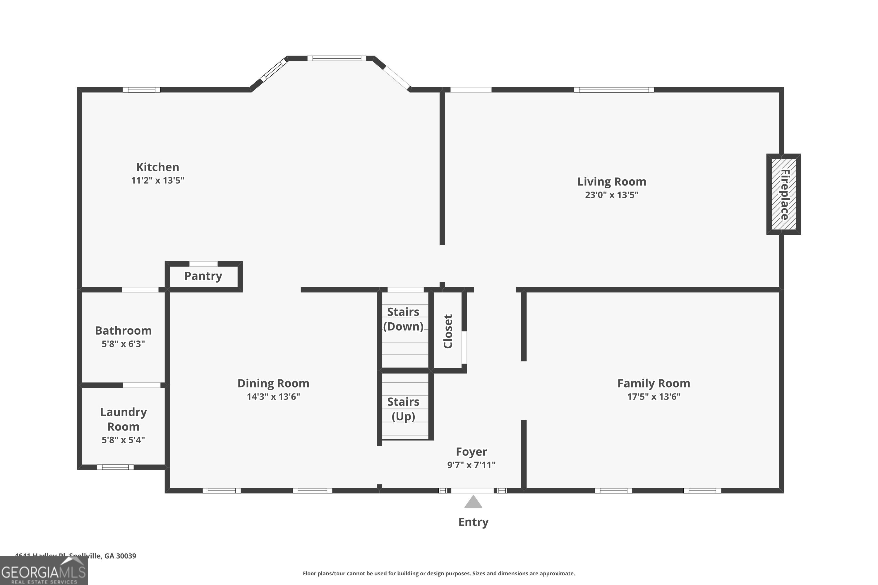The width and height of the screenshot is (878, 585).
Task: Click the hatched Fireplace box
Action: [x=783, y=194]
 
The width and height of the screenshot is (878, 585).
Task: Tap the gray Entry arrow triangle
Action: [x=473, y=502]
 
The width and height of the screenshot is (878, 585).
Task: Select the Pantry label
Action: [x=203, y=276]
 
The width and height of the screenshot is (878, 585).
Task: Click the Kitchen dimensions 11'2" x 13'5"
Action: [x=157, y=180]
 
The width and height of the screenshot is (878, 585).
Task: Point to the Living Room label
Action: [x=611, y=182]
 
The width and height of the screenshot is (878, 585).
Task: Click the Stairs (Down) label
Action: [x=403, y=319]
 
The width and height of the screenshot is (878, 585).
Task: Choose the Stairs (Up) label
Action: [x=403, y=409]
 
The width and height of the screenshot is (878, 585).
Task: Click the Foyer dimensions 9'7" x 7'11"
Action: [x=471, y=465]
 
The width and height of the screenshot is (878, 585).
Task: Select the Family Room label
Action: [x=653, y=383]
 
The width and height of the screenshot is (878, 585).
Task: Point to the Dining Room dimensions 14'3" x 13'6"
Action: [x=273, y=397]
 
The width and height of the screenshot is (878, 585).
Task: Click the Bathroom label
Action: [x=123, y=331]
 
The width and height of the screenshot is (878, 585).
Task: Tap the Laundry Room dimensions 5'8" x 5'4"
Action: [x=123, y=440]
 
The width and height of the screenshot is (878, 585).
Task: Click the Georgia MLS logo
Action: [x=44, y=571]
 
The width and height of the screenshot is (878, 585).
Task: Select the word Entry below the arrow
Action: [x=473, y=522]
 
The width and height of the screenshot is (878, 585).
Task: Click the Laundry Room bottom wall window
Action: [x=115, y=467]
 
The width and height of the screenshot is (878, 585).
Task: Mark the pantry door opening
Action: [x=203, y=264]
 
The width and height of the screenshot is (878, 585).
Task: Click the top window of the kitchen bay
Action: [x=337, y=58]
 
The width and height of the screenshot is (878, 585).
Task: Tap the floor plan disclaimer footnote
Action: [x=439, y=573]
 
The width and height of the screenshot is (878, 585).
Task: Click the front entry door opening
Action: [x=473, y=491]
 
